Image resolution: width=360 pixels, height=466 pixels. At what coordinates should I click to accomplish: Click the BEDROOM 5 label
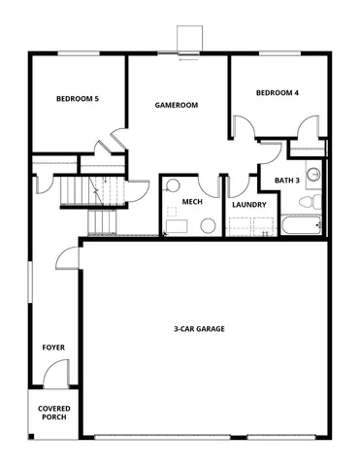tap(78, 98)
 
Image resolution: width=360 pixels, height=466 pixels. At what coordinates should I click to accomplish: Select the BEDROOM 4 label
tap(278, 93)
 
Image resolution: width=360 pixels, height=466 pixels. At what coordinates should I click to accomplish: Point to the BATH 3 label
tap(286, 181)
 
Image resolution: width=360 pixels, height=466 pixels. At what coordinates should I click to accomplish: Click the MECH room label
tap(192, 202)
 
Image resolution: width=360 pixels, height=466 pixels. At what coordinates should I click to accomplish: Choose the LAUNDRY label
tap(249, 204)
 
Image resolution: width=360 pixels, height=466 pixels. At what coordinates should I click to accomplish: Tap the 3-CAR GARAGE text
tap(200, 329)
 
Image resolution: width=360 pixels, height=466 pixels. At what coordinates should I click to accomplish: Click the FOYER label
tap(52, 346)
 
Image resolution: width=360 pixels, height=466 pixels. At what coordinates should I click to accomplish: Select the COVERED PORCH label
tap(53, 414)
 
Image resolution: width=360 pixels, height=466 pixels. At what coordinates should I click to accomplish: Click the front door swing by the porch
tap(57, 373)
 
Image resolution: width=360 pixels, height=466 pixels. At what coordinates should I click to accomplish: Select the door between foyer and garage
tap(67, 257)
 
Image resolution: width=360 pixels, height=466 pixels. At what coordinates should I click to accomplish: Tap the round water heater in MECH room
tap(207, 225)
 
